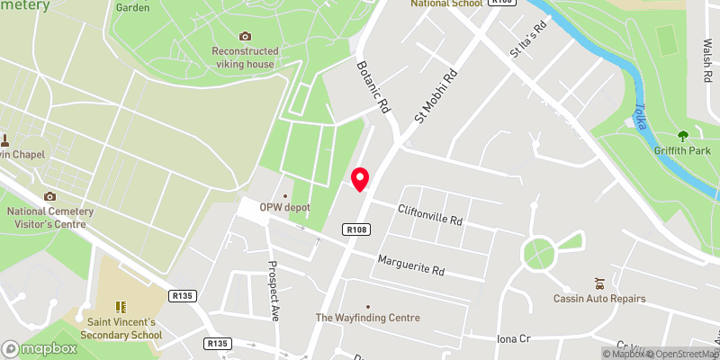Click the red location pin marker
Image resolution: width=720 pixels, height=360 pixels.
coord(361,178)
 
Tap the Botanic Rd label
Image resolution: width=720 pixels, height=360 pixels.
coord(373,87)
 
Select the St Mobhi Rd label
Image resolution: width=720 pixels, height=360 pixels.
coord(436,94)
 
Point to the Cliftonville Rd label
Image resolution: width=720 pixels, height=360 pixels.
coord(431,214)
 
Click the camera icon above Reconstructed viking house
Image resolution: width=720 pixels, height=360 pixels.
coord(245,36)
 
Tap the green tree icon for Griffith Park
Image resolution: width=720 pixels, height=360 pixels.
coord(683,136)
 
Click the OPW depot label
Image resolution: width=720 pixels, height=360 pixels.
coord(284,207)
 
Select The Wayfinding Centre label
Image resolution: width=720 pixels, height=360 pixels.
coord(367,318)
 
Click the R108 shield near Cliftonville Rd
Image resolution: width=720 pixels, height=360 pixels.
coord(356,230)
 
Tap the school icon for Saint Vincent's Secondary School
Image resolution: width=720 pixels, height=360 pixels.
coord(121,306)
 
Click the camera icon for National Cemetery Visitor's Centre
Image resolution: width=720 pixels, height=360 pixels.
coord(49,196)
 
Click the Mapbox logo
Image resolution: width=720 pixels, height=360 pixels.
coord(40,348)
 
